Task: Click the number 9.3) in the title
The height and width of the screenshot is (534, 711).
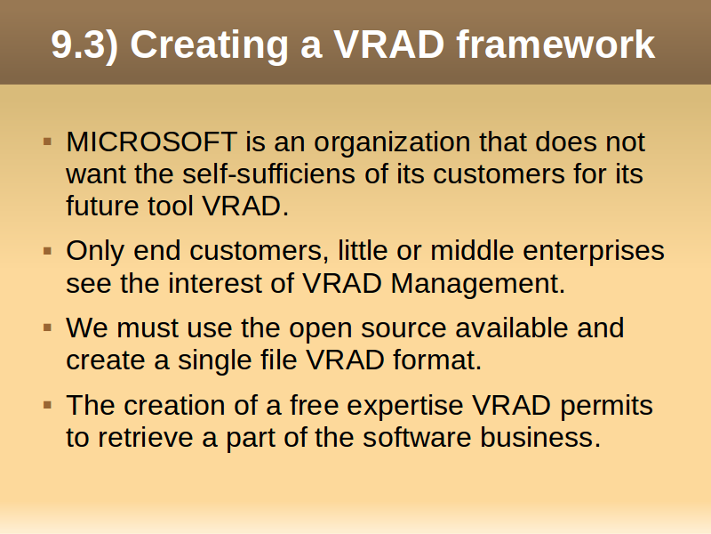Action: click(84, 44)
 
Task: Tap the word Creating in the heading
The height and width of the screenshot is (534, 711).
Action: click(209, 45)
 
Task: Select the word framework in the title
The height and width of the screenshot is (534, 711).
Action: click(555, 44)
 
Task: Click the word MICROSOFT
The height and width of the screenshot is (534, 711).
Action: click(151, 142)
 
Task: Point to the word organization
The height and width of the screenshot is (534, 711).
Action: click(392, 143)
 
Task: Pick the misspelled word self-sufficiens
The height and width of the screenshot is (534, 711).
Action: click(268, 174)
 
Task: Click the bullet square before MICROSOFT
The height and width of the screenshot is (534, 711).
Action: click(48, 142)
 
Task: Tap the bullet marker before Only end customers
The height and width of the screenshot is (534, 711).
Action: click(48, 251)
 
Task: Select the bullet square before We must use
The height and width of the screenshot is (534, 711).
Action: click(48, 328)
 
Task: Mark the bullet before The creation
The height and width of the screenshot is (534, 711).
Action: click(48, 405)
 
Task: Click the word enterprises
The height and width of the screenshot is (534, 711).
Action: click(593, 252)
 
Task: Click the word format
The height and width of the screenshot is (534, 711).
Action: click(436, 360)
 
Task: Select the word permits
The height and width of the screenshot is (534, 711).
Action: click(606, 407)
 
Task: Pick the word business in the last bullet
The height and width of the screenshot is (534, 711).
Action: click(540, 437)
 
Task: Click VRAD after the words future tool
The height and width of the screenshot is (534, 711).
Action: click(245, 206)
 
